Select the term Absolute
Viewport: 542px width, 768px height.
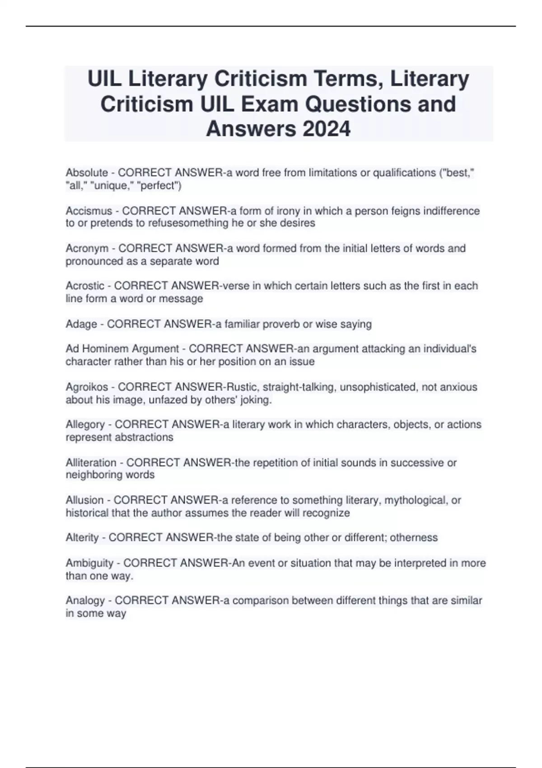tap(87, 173)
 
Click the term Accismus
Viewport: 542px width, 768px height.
tap(89, 211)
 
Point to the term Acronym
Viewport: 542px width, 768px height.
tap(87, 248)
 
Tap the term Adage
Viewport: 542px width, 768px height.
tap(81, 324)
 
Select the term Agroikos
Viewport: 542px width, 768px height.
tap(87, 387)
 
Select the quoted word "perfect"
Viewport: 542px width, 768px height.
tap(159, 186)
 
